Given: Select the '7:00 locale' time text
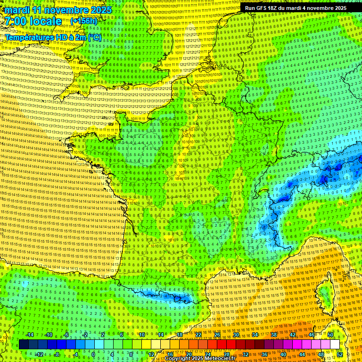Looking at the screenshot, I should pos(33,21).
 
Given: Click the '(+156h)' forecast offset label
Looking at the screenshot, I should pos(84,21).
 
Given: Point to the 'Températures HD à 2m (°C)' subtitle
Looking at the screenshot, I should pos(53,37).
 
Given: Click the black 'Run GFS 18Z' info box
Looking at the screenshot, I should pos(296,8).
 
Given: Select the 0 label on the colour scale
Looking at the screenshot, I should pos(93,354).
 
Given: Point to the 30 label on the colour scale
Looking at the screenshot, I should pos(236,335).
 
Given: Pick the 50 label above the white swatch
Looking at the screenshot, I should pos(330,335).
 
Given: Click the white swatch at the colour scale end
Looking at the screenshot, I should pos(335,345).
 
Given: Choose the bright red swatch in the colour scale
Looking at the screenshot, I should pos(222,345).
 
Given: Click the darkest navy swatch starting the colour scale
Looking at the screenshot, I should pos(24,345).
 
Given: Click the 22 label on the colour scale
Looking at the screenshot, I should pos(198,335).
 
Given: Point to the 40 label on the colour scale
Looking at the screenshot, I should pos(283,354).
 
